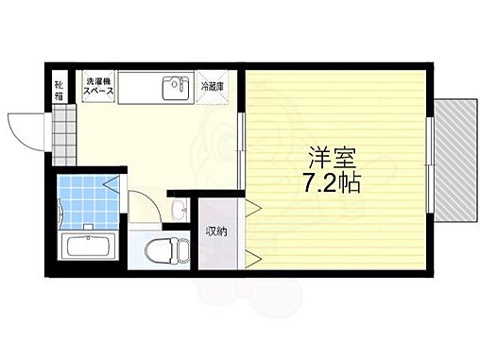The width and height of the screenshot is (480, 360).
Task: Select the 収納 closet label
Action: (x=216, y=231)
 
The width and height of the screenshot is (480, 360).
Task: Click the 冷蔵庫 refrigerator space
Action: (x=214, y=87)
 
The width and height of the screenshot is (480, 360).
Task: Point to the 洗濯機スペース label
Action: (x=100, y=86)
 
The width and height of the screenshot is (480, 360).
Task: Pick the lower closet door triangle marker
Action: (x=253, y=255)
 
